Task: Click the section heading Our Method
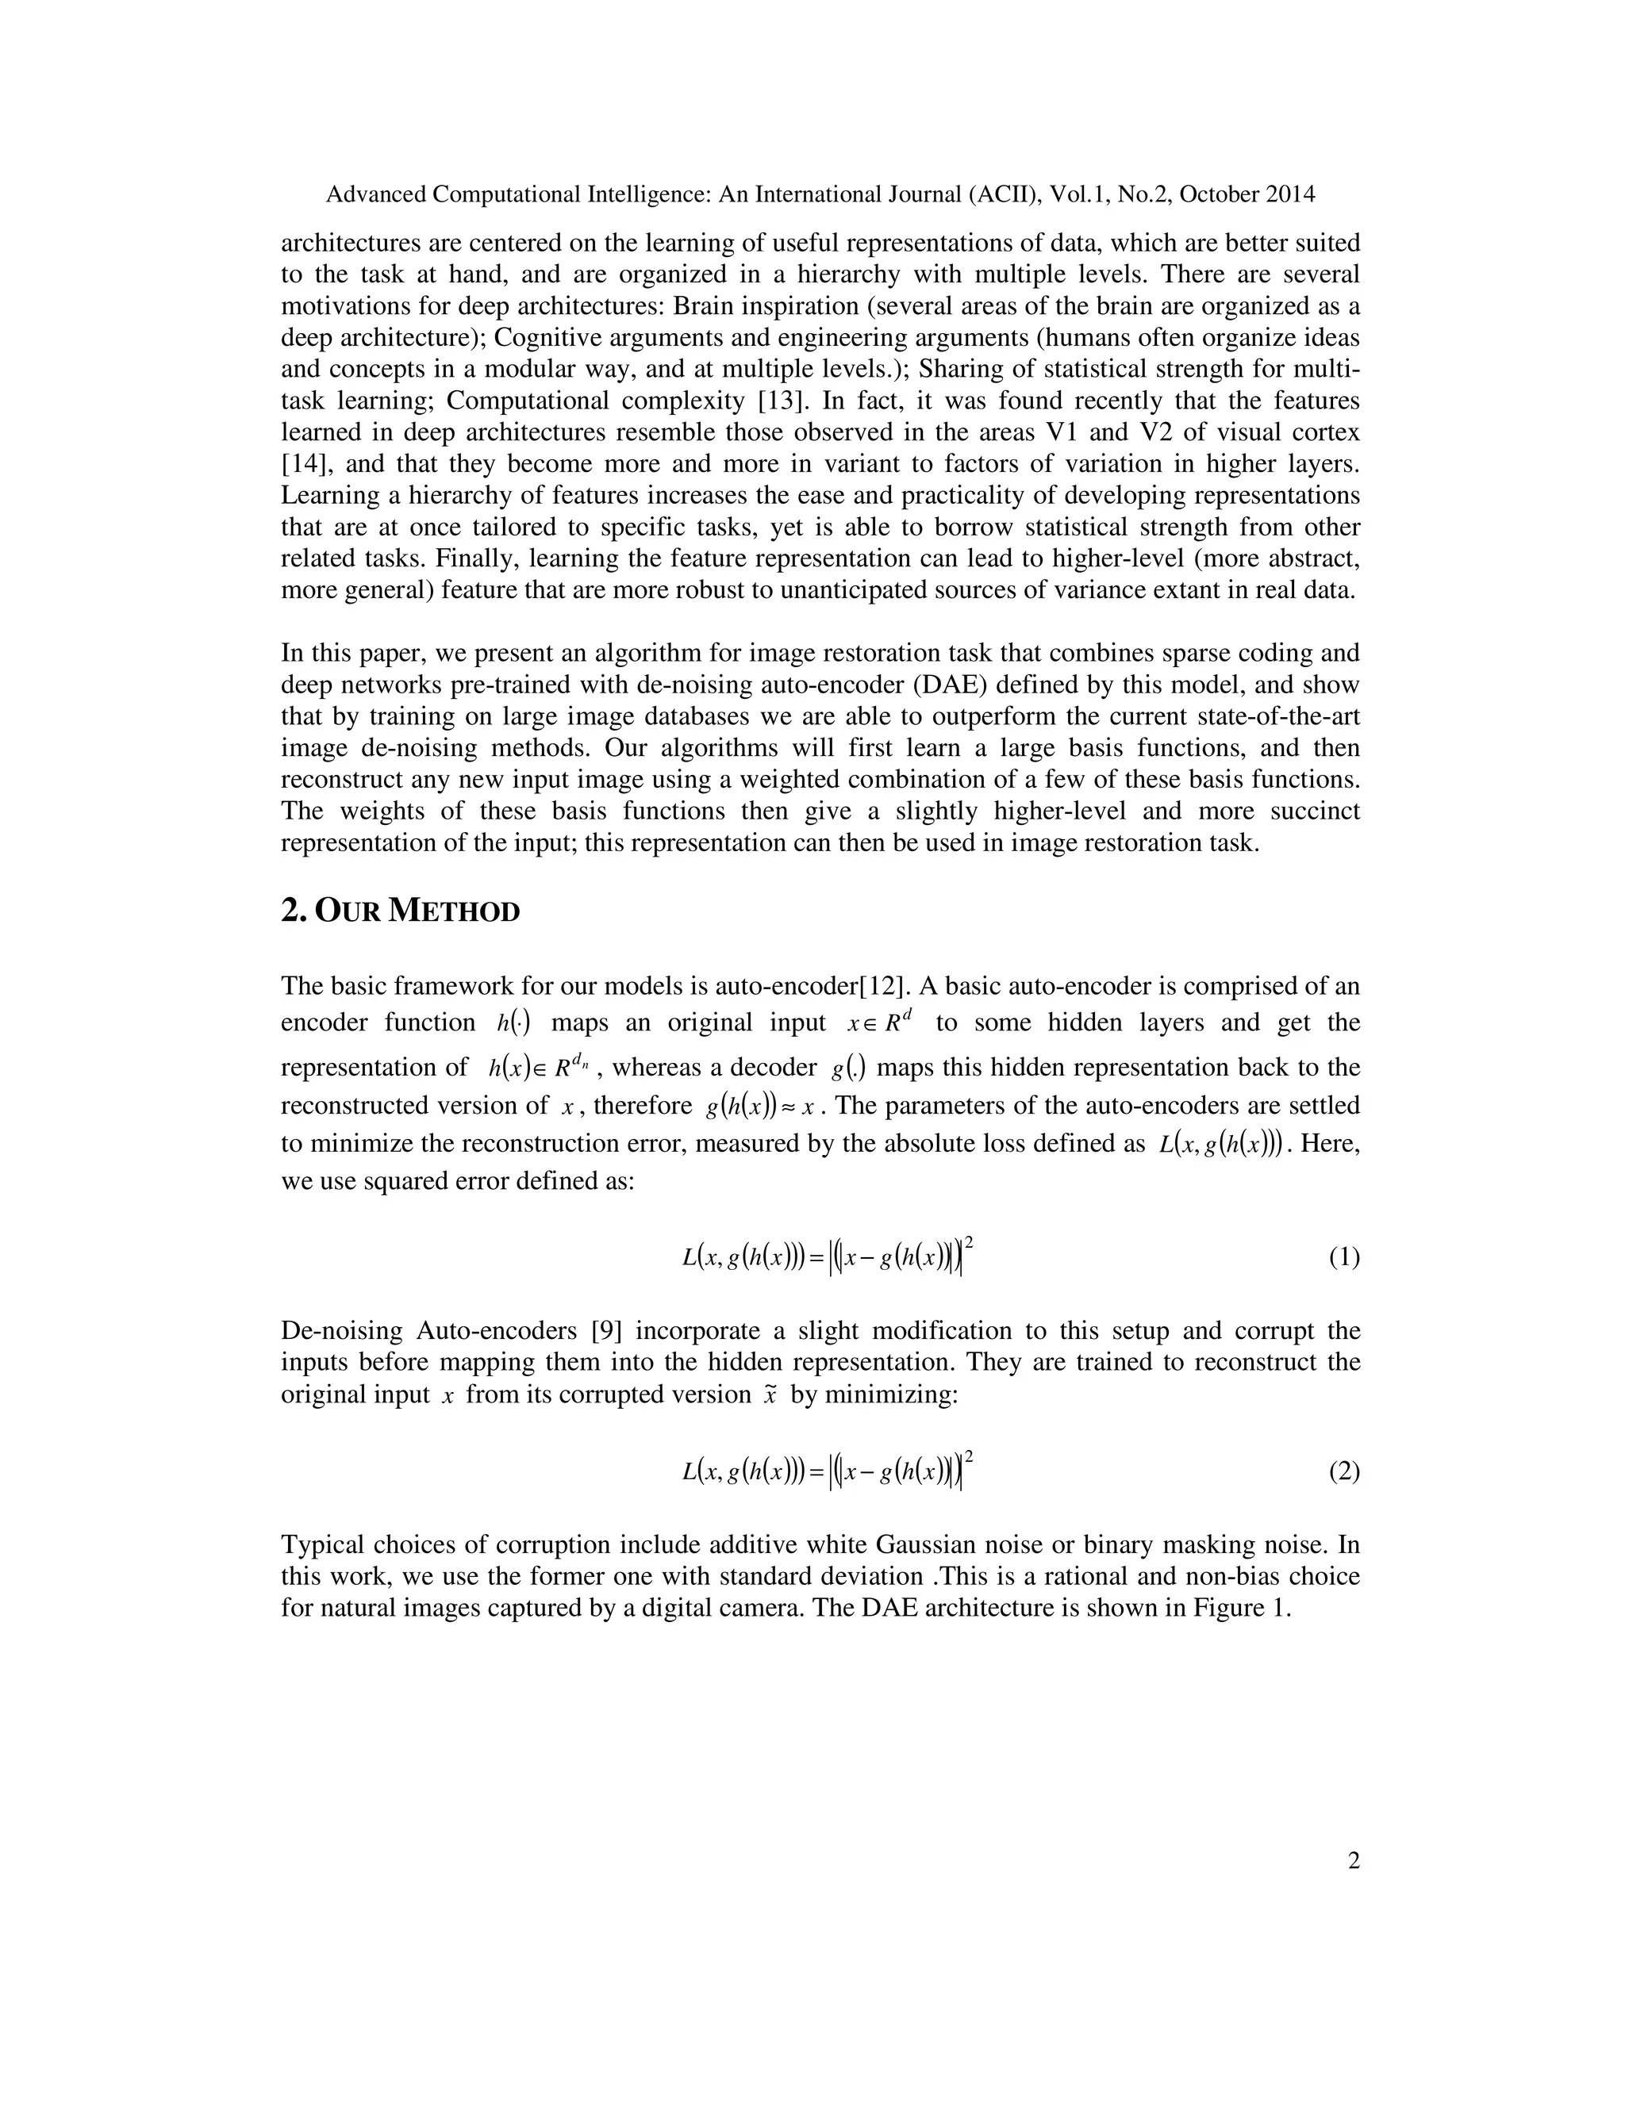pyautogui.click(x=400, y=911)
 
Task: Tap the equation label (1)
pyautogui.click(x=1344, y=1257)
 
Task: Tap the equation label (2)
pyautogui.click(x=1344, y=1471)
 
